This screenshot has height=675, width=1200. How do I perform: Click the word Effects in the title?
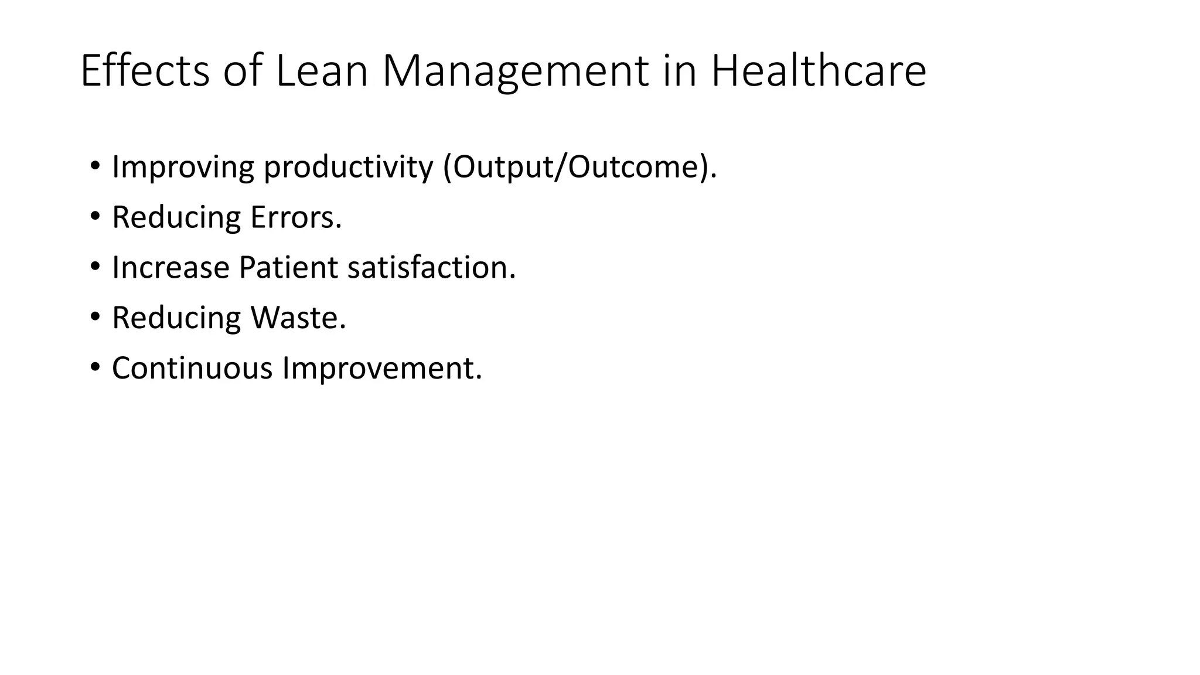click(145, 71)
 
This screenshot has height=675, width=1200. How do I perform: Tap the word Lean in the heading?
click(321, 71)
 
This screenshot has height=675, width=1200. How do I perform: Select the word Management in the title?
click(516, 71)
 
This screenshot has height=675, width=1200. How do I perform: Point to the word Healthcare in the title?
click(818, 71)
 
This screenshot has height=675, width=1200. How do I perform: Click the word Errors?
click(296, 217)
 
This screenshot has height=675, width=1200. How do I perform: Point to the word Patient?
click(288, 268)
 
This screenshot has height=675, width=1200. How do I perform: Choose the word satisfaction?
click(431, 268)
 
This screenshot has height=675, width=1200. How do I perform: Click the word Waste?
click(298, 318)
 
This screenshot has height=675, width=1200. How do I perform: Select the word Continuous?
click(192, 369)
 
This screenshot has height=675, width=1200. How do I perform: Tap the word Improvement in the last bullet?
click(381, 369)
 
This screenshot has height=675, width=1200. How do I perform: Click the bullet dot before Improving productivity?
click(95, 166)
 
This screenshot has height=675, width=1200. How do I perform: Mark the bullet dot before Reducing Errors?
click(95, 217)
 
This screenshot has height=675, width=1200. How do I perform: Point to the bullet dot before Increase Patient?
click(95, 267)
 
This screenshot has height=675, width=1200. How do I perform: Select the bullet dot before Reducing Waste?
click(95, 318)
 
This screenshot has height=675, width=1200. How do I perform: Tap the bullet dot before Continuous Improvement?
click(95, 368)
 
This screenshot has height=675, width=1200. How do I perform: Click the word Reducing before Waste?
click(176, 318)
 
